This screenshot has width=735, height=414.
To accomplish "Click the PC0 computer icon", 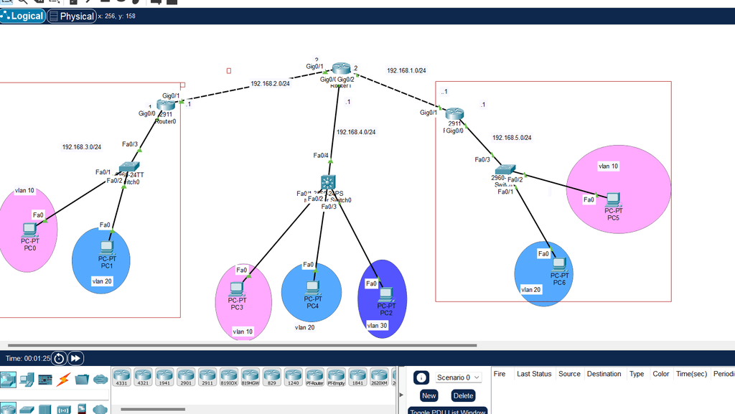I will tap(29, 230).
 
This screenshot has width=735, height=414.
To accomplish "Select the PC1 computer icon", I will tap(107, 248).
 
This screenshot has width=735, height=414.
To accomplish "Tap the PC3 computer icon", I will tap(236, 288).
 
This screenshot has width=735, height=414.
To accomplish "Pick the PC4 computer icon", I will tap(312, 287).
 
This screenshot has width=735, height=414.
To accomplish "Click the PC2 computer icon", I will tap(386, 293).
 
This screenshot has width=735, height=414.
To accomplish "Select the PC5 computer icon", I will tap(612, 199).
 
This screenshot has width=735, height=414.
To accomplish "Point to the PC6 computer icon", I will tap(559, 264).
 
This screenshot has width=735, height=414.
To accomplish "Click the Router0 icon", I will tap(167, 105).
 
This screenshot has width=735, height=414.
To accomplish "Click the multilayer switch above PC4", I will tap(329, 182).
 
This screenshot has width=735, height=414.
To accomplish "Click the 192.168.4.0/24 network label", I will tap(356, 132).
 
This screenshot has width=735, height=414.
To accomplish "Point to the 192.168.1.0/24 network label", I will tap(406, 71).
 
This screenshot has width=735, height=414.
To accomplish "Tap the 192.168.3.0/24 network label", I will tap(81, 147).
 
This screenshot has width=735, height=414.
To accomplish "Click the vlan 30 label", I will tap(378, 325).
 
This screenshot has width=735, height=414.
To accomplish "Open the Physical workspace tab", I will tap(72, 16).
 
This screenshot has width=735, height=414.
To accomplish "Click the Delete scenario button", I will tap(463, 395).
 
